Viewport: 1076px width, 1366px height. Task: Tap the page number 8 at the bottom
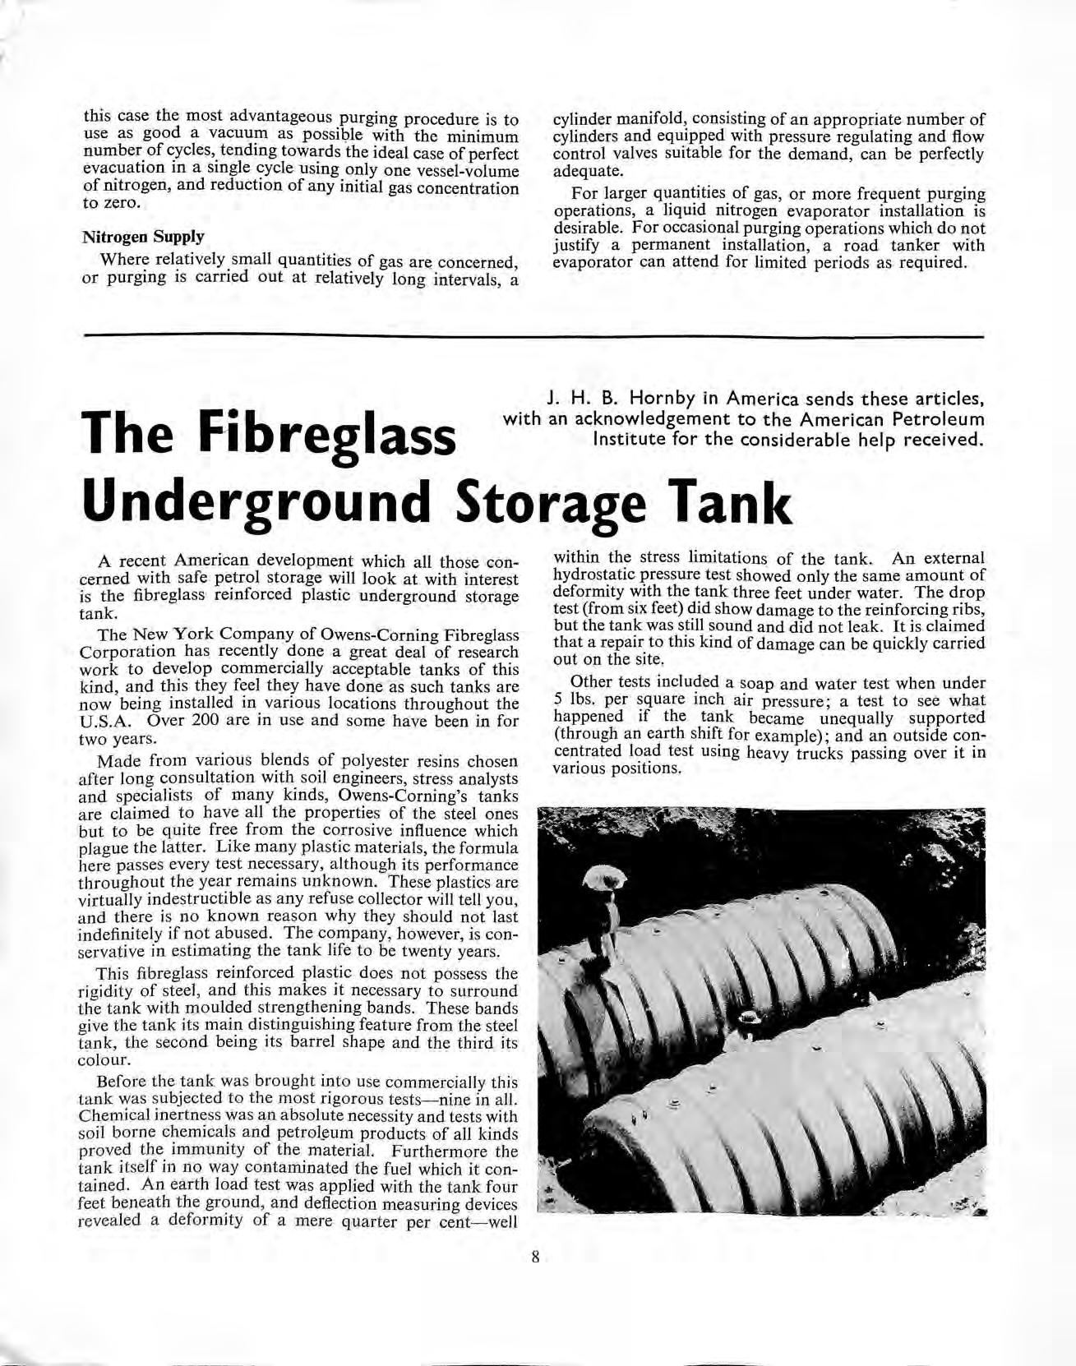click(534, 1256)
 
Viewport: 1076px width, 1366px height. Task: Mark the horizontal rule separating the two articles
click(533, 335)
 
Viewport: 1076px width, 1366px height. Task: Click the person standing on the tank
click(606, 921)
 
